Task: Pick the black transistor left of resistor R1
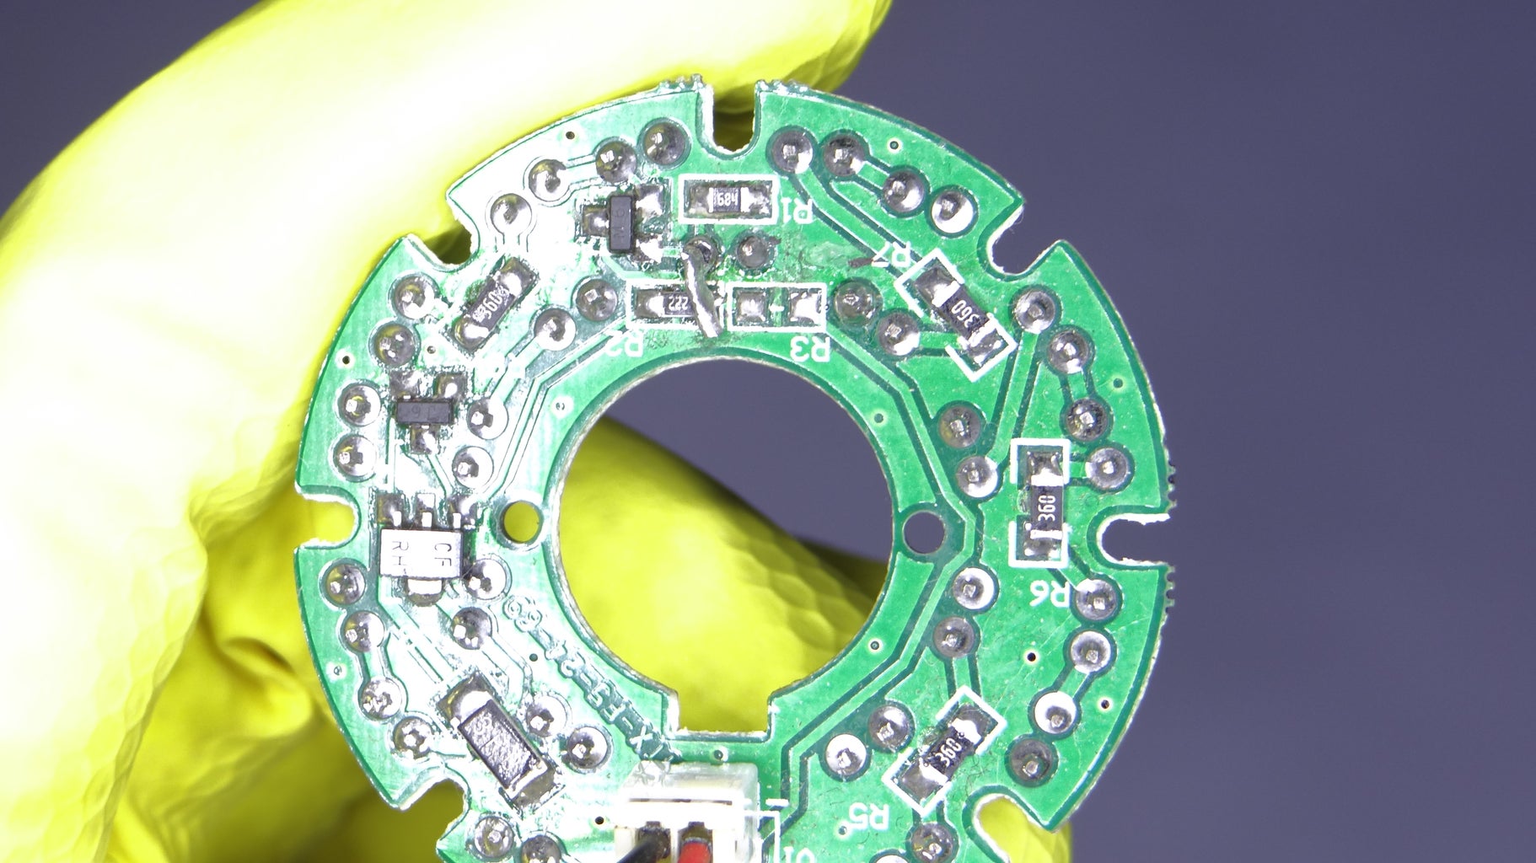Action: [622, 222]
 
